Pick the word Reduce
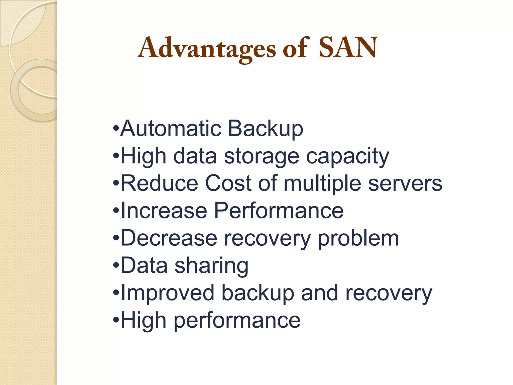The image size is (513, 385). tap(159, 183)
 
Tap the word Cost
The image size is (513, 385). tap(228, 183)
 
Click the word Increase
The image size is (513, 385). tap(164, 211)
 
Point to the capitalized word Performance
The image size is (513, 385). tap(279, 211)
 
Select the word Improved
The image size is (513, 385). tap(167, 293)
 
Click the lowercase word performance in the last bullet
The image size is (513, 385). tap(237, 321)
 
